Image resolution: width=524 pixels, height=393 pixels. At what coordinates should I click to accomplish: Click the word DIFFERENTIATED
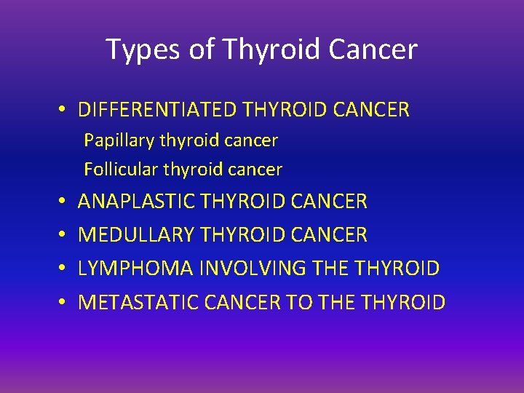point(157,110)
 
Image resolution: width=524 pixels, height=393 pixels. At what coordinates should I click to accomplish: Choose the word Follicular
point(121,170)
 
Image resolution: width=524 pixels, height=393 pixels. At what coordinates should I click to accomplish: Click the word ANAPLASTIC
point(136,201)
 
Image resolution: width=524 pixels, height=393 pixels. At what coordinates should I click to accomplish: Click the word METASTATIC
point(137,302)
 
